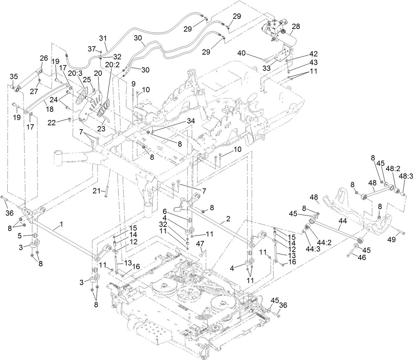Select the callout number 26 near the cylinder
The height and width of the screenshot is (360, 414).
point(44,58)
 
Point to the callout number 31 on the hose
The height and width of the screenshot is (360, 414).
point(103,39)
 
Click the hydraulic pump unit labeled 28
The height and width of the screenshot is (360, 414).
point(278,31)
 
